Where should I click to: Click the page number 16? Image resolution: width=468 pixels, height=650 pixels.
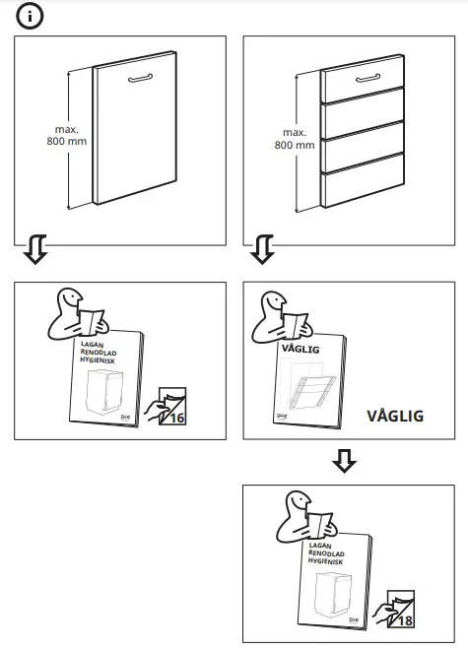[x=176, y=418]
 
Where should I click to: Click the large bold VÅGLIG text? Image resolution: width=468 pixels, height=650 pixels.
[x=394, y=416]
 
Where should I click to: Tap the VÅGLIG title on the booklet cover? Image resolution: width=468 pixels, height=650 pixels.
[x=301, y=348]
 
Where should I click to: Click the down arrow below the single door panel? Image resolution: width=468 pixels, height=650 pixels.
[x=34, y=250]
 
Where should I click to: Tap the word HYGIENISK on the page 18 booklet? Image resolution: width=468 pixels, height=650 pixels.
[x=325, y=563]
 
